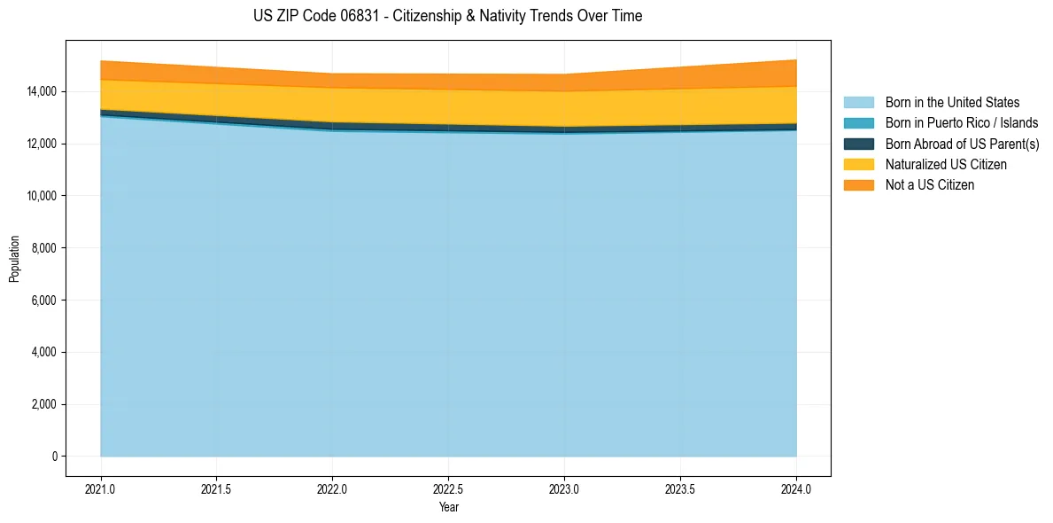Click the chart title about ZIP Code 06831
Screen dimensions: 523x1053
[447, 16]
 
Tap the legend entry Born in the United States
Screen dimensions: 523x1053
[952, 103]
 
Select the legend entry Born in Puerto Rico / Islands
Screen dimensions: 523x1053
[961, 123]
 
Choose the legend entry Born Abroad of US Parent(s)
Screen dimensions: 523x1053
[962, 144]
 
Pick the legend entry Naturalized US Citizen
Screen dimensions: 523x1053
[946, 164]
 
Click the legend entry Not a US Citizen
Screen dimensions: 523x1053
[929, 184]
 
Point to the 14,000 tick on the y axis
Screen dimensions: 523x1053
[41, 91]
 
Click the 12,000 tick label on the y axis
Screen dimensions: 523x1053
[41, 144]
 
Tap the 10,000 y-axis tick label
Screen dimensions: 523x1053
[41, 196]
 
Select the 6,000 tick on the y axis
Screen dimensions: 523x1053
[43, 301]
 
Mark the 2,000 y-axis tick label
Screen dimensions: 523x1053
[43, 404]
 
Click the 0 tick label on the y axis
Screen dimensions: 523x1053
[54, 457]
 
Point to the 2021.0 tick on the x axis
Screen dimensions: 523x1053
[101, 488]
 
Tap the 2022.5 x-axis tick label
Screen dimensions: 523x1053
[449, 488]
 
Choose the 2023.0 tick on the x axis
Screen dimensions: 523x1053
[564, 488]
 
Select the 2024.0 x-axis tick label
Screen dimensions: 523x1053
[796, 488]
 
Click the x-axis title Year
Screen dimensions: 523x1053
[449, 507]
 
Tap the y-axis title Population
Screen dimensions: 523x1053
[14, 259]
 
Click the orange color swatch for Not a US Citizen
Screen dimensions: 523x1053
[858, 184]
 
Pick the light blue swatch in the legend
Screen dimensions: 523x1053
[858, 103]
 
